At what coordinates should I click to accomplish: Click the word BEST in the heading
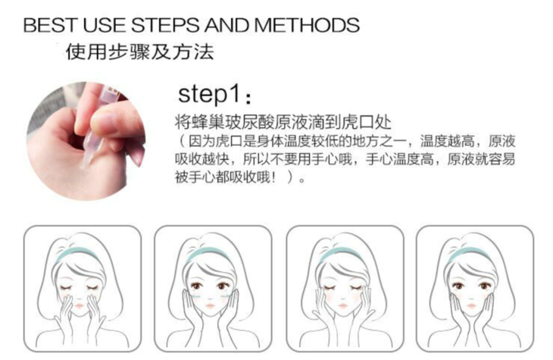pos(49,25)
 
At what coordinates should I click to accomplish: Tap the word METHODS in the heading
pos(307,25)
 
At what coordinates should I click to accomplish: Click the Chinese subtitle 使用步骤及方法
pos(140,52)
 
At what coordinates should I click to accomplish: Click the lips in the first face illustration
pos(79,305)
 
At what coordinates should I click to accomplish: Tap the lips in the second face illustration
pos(210,305)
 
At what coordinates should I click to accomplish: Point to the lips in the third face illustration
pos(342,305)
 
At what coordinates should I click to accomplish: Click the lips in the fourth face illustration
pos(471,305)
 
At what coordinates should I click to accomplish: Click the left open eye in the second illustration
pos(196,285)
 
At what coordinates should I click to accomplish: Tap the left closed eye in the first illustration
pos(67,287)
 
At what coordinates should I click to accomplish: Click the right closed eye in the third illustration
pos(355,287)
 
